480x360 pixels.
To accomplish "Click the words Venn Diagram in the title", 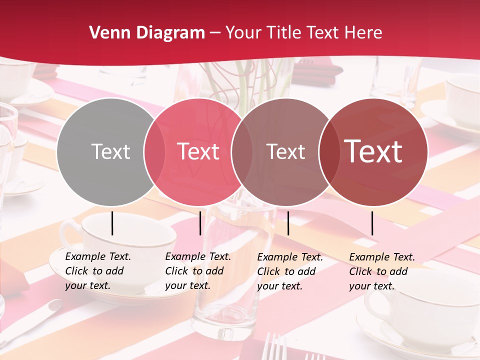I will [147, 33].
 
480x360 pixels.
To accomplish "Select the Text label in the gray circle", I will [110, 151].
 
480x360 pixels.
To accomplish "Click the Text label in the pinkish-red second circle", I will [198, 151].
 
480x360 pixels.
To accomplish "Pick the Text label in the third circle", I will [285, 151].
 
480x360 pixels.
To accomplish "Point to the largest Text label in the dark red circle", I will [373, 151].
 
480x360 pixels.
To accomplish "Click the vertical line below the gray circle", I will [112, 223].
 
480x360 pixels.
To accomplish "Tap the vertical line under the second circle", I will [200, 223].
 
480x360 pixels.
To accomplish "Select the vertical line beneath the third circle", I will [288, 223].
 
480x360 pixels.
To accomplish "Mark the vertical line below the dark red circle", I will [372, 223].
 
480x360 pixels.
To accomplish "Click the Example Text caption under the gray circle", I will [98, 271].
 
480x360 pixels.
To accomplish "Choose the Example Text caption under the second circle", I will [198, 271].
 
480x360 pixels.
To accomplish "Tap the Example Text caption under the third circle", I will [290, 271].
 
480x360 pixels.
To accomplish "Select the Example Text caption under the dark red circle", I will [382, 271].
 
